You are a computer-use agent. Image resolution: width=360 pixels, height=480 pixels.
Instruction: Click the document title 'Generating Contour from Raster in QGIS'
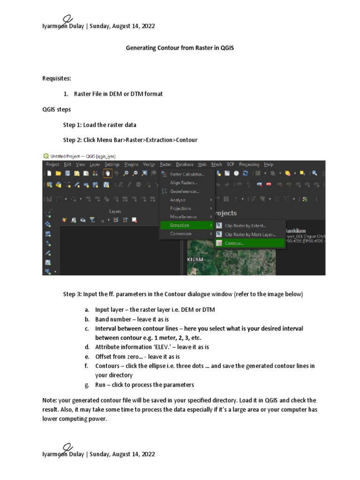180,48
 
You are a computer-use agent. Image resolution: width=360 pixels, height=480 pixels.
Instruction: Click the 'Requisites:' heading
57,78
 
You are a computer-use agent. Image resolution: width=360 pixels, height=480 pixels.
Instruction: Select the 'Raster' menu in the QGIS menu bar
165,165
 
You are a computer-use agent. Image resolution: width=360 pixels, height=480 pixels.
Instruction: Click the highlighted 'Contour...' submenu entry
234,243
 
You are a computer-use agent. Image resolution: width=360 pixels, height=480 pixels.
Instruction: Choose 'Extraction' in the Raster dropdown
180,225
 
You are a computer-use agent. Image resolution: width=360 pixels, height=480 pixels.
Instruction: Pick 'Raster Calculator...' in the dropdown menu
187,174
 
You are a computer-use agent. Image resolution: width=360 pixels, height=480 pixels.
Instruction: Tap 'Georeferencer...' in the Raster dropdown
184,191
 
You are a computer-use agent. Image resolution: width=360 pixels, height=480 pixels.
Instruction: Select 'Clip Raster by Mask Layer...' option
250,234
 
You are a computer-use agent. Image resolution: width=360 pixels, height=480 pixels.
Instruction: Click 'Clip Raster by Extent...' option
245,225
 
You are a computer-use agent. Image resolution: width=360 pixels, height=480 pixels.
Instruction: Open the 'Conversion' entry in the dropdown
180,234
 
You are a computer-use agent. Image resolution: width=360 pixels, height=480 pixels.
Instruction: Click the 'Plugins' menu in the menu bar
131,165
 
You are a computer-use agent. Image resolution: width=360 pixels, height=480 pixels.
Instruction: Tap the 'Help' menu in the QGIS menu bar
269,165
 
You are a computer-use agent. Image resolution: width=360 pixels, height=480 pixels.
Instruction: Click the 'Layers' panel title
115,211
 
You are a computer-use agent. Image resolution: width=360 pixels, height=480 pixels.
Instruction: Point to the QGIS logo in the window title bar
45,156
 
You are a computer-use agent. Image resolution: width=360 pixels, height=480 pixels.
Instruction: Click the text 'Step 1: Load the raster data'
99,125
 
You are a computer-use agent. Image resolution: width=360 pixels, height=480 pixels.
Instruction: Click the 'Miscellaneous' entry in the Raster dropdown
183,217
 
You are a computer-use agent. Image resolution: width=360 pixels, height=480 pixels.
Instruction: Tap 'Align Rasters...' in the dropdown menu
184,183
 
